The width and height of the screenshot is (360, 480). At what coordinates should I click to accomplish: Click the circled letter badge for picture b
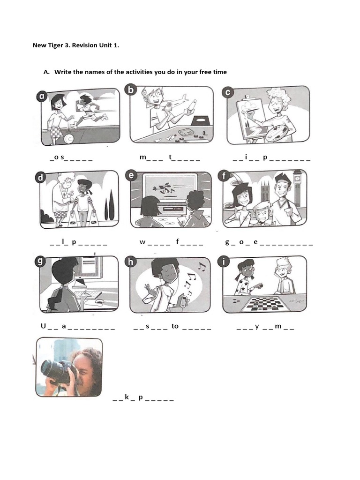[x=131, y=90]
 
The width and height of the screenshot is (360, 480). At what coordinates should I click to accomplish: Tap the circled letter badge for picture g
[x=40, y=261]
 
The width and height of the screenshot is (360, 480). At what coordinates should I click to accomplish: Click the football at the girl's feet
[x=68, y=139]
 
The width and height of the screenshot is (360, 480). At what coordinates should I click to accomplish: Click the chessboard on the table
[x=266, y=304]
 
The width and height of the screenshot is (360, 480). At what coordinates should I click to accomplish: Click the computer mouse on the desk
[x=98, y=301]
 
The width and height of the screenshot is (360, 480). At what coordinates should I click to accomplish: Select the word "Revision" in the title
[x=84, y=45]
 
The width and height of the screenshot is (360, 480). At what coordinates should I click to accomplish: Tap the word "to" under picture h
[x=175, y=326]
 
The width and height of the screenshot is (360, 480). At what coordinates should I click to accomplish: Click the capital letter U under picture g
[x=43, y=326]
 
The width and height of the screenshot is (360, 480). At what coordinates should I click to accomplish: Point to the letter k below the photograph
[x=127, y=397]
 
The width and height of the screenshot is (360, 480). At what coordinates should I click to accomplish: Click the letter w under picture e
[x=142, y=242]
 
